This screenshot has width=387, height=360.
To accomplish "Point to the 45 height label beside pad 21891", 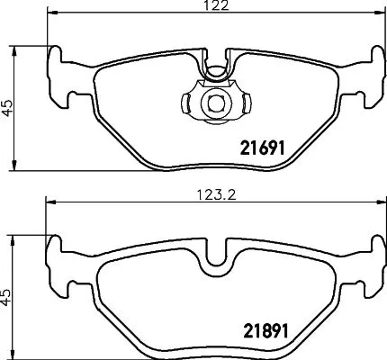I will [8, 296].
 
